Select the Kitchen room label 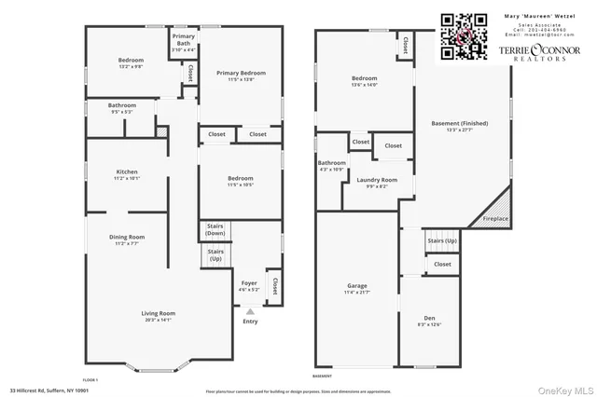click(127, 174)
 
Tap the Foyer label click(249, 285)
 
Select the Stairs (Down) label click(215, 230)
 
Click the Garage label click(357, 290)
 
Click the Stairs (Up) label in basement click(442, 240)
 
